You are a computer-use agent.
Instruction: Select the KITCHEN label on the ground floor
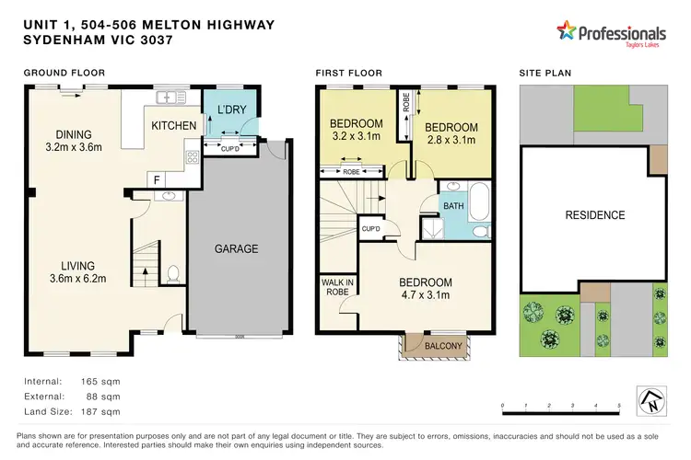(x=172, y=125)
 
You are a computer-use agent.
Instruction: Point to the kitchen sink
(x=170, y=96)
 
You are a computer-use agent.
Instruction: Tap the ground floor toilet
(x=172, y=273)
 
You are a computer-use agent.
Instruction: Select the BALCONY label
(x=438, y=346)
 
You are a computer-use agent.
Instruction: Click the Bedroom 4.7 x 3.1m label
(x=425, y=290)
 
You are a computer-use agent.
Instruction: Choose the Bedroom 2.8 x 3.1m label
(x=451, y=134)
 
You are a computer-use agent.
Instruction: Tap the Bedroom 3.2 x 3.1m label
(x=356, y=132)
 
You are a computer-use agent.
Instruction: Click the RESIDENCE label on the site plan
(x=594, y=215)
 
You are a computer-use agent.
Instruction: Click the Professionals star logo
(x=565, y=33)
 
